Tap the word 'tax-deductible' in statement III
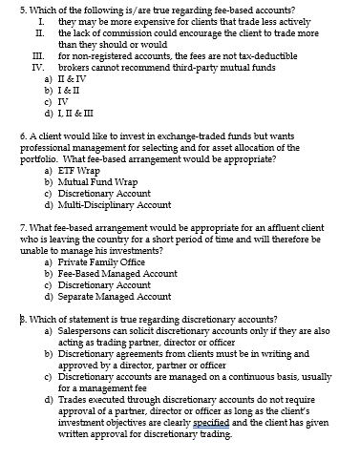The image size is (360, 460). coord(258,56)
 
